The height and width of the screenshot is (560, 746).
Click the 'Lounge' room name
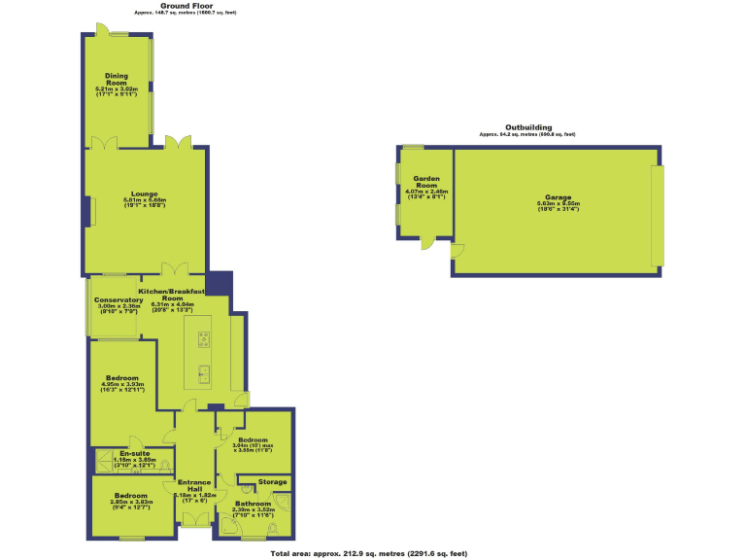(x=145, y=193)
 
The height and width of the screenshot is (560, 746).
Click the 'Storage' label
(x=273, y=481)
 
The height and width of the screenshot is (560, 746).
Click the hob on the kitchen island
(x=205, y=339)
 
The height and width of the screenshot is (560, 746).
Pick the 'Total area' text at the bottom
(x=368, y=552)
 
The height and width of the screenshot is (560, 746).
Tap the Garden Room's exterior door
(x=427, y=244)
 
